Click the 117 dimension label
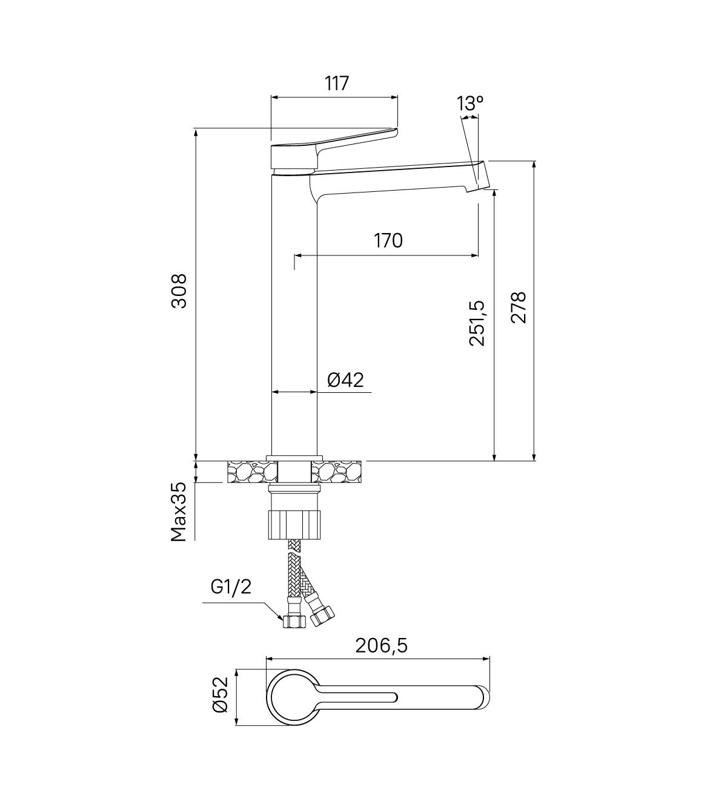(337, 84)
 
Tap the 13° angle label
(470, 104)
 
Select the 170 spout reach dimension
(388, 241)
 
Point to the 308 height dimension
(179, 291)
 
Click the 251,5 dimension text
(477, 323)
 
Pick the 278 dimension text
(518, 308)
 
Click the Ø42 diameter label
(345, 380)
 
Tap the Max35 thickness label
(179, 511)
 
